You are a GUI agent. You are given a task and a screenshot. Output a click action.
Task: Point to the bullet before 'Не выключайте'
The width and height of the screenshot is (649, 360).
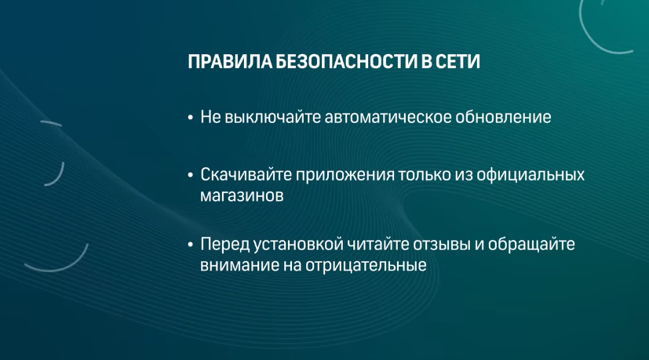pyautogui.click(x=191, y=118)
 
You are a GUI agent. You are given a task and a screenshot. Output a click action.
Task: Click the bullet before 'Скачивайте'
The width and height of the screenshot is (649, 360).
pyautogui.click(x=191, y=176)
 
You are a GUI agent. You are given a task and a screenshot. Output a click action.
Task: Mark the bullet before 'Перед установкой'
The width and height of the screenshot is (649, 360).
pyautogui.click(x=191, y=245)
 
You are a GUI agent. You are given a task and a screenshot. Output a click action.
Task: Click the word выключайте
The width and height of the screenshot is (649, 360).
pyautogui.click(x=273, y=117)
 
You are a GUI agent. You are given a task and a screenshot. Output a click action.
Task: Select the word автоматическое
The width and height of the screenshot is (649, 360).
pyautogui.click(x=388, y=117)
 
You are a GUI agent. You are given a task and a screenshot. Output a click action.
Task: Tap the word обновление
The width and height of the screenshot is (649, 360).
pyautogui.click(x=503, y=117)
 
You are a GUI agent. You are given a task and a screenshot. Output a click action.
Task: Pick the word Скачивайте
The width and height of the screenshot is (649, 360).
pyautogui.click(x=246, y=175)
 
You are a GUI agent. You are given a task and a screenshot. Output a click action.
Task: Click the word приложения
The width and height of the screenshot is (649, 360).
pyautogui.click(x=345, y=176)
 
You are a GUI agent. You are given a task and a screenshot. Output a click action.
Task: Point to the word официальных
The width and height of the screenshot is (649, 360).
pyautogui.click(x=531, y=175)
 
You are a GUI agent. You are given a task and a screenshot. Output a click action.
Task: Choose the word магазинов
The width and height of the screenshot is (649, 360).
pyautogui.click(x=242, y=196)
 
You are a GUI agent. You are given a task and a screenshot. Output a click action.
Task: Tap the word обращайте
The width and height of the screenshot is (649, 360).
pyautogui.click(x=531, y=244)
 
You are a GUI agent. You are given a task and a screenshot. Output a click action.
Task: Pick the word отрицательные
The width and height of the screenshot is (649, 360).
pyautogui.click(x=366, y=266)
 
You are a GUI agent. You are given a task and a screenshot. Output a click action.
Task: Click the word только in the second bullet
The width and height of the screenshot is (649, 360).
pyautogui.click(x=425, y=175)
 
